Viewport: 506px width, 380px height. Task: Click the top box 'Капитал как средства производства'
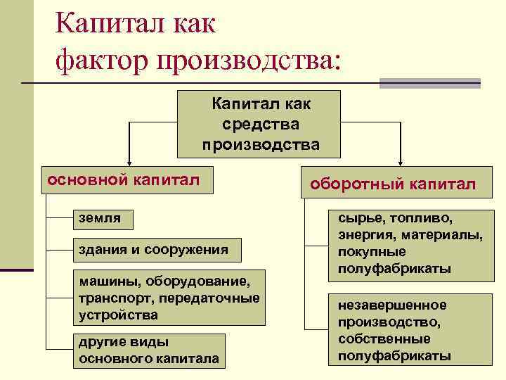(x=260, y=124)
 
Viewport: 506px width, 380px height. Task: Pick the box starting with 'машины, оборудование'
(x=169, y=298)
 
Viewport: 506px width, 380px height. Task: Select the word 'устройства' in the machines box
(x=118, y=314)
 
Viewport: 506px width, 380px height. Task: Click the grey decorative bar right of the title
(x=429, y=83)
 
